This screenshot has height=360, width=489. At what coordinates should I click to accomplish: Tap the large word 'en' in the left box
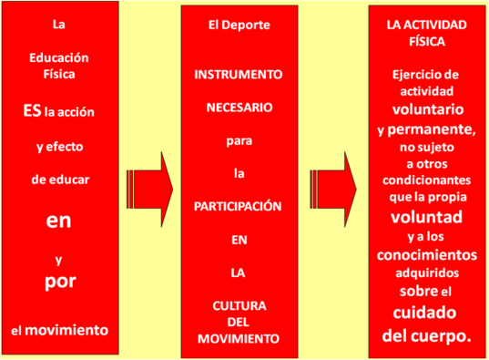pos(59,220)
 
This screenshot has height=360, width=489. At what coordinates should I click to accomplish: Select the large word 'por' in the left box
pos(59,281)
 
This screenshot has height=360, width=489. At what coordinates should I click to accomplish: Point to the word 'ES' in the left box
pos(32,110)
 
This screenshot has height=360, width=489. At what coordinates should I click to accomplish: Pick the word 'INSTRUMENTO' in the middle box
pos(239,73)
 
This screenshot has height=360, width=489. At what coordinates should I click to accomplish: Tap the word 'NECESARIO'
pos(239,106)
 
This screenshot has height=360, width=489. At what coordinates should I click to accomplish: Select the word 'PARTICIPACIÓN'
pos(239,206)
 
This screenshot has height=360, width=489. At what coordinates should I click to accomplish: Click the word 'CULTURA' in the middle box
pos(239,305)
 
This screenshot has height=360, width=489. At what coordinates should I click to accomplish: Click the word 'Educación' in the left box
pos(59,57)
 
